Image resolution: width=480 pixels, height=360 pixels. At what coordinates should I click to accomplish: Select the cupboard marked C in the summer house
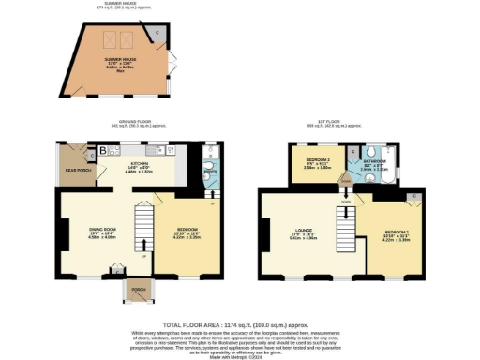pos(157,33)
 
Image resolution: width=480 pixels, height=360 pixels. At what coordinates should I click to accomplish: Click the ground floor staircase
pos(144,235)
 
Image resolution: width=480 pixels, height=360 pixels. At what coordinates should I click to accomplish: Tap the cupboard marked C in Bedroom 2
pos(413,195)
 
